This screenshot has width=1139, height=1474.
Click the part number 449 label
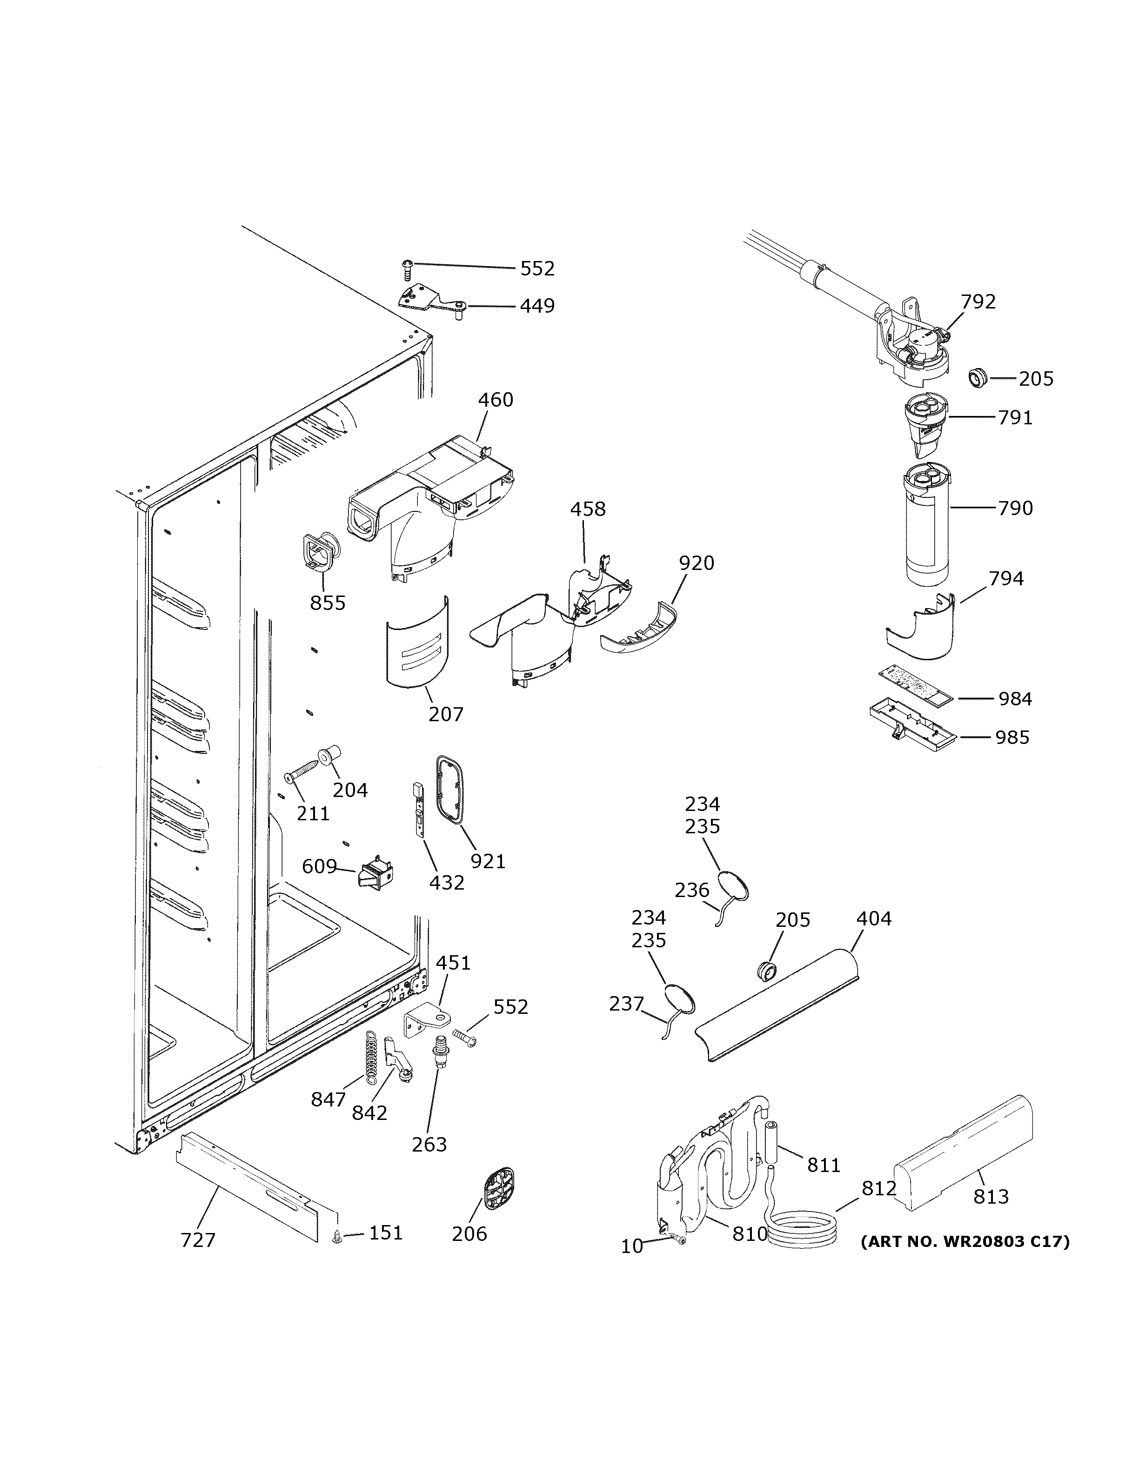pos(537,307)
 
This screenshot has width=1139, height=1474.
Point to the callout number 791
pos(1016,418)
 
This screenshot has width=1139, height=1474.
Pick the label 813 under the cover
pos(991,1197)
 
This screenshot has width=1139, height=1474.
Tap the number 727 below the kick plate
pos(198,1240)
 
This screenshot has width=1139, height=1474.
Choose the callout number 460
pos(496,400)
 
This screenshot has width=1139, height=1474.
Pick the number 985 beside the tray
pos(1012,737)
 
